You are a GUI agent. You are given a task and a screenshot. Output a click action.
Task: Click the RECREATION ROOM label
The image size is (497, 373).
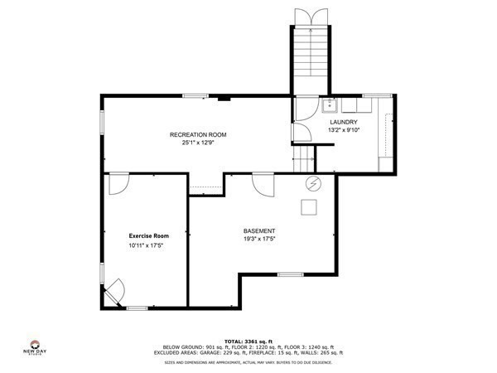pos(197,134)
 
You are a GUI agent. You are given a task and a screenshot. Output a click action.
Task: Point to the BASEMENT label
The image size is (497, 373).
pos(259,230)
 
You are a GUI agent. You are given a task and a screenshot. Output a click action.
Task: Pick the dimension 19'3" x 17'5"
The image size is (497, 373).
pos(259,240)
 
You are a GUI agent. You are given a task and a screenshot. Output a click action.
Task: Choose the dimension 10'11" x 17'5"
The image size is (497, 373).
pos(147,246)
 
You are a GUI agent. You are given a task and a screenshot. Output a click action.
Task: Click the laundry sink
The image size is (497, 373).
pos(329,104)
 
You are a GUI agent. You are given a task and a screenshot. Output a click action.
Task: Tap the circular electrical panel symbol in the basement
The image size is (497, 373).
pos(313,183)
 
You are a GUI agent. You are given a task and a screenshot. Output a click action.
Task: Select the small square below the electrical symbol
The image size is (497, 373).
pos(310,206)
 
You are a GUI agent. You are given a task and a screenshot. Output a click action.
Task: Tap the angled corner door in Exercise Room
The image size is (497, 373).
pos(113,290)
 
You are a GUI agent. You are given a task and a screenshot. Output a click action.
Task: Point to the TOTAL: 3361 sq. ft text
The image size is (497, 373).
pos(248,341)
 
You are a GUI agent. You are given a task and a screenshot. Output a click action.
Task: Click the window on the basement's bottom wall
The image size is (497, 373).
pos(290,274)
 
